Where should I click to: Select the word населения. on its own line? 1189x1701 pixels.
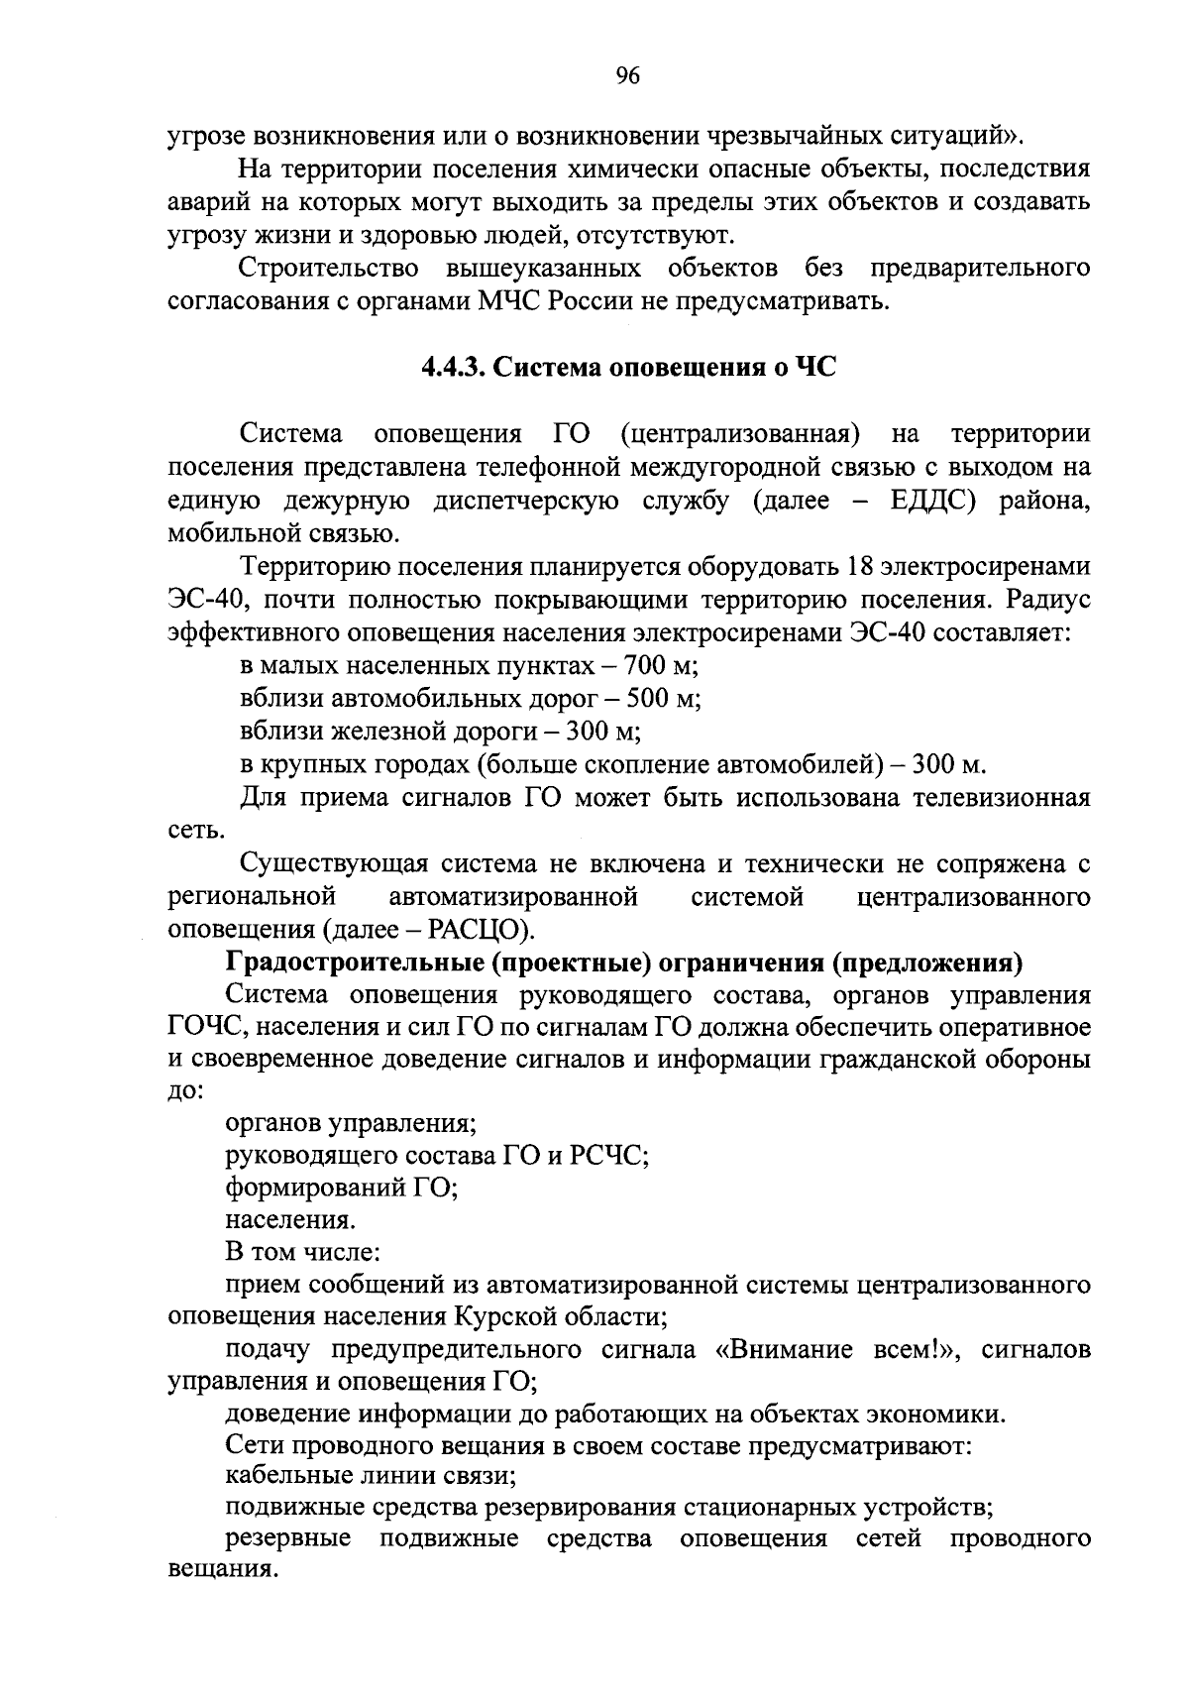[290, 1220]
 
